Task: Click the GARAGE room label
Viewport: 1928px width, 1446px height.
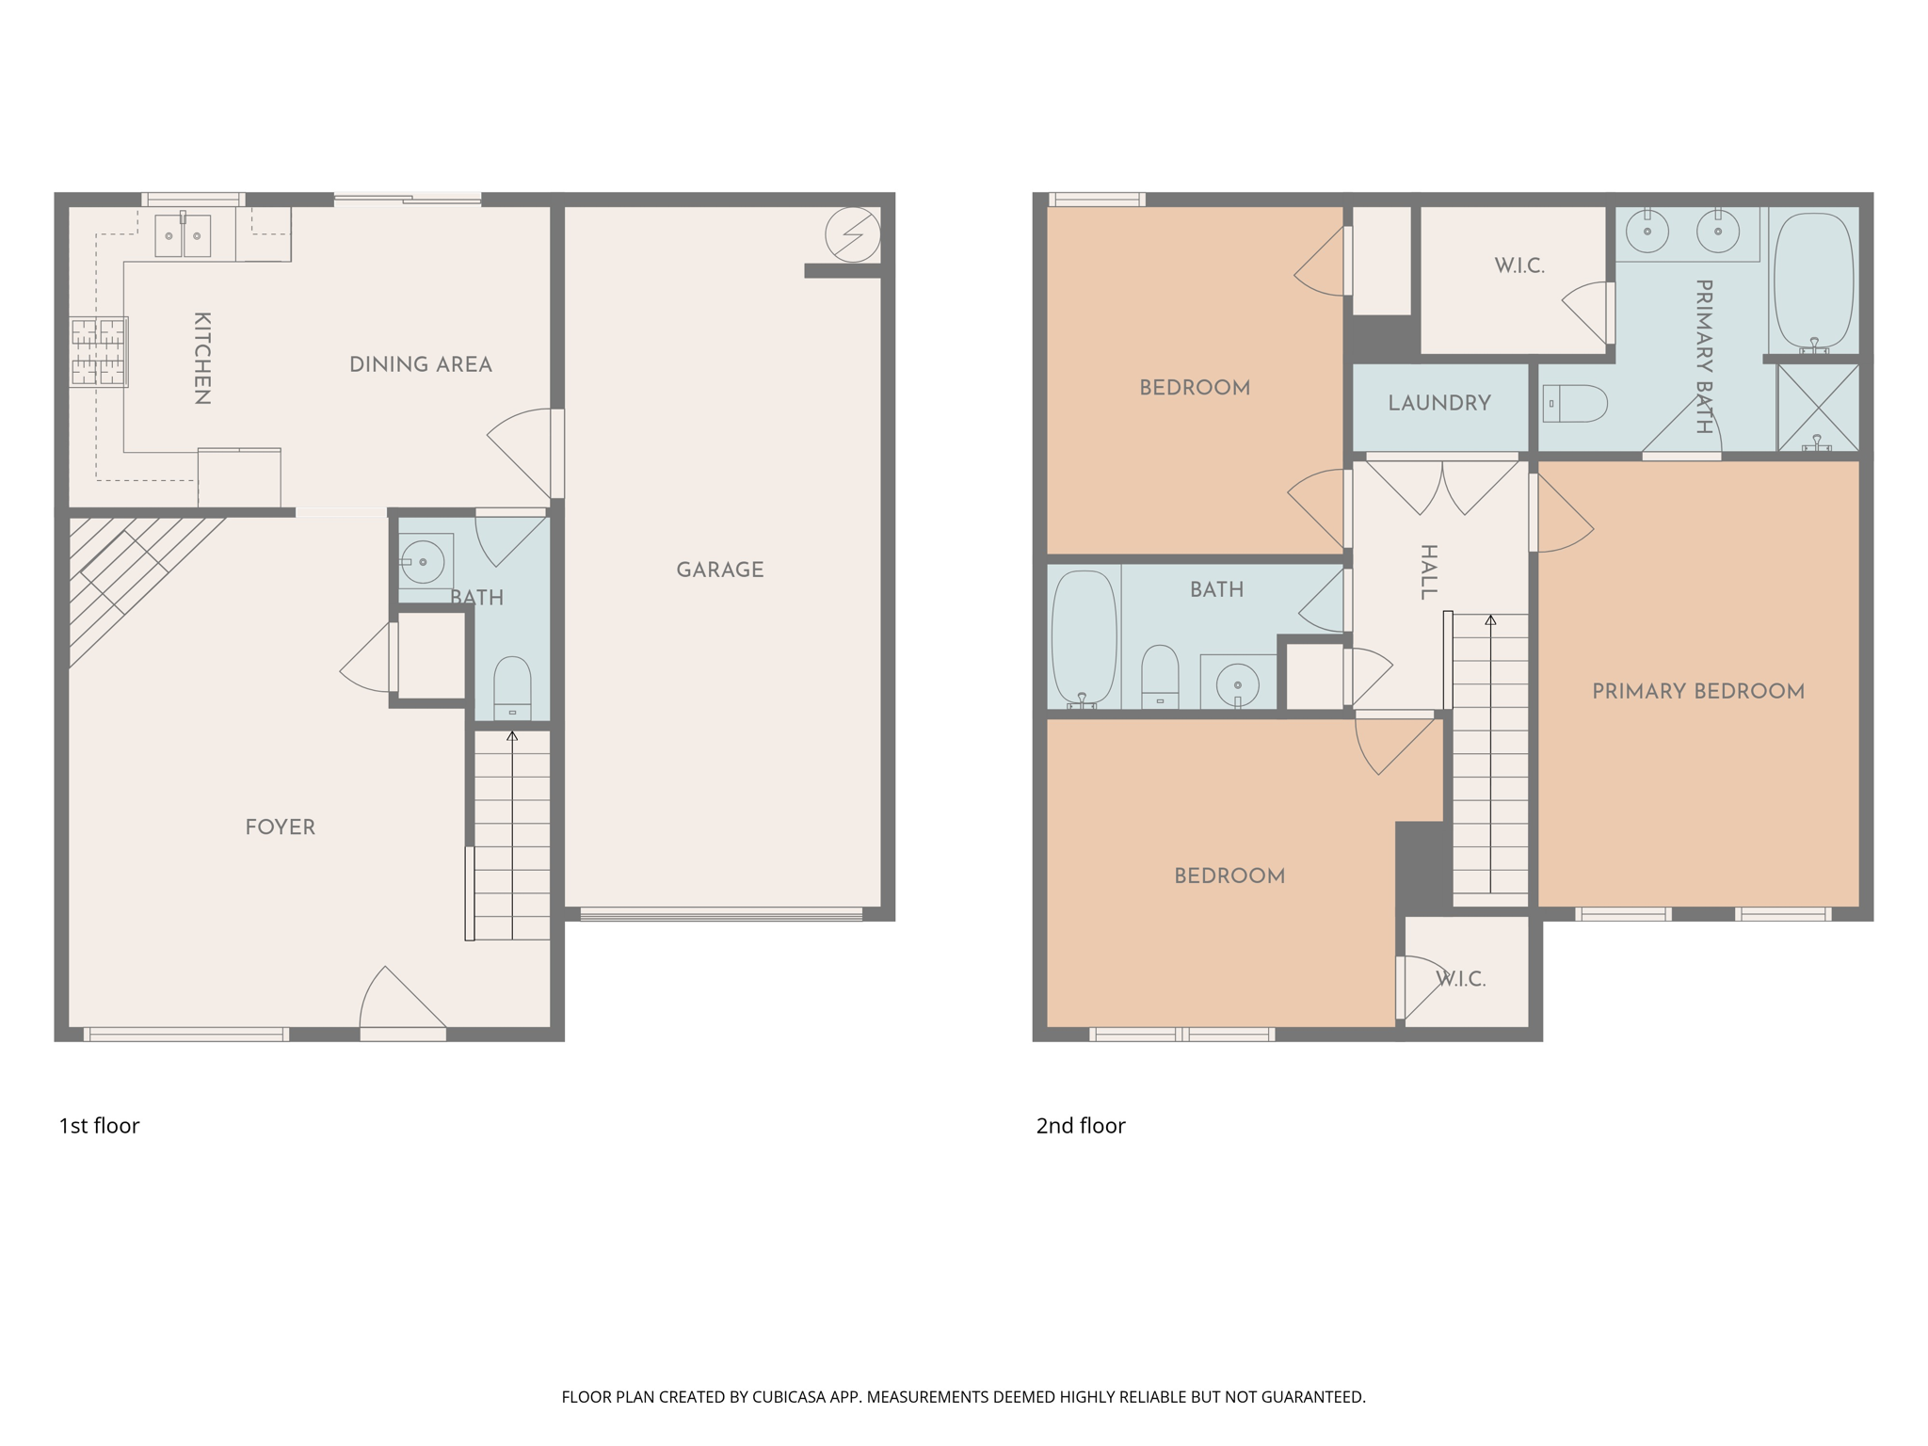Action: [x=719, y=570]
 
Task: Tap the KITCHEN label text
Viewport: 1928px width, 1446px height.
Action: [x=201, y=359]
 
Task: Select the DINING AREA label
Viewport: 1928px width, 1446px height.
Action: [x=420, y=364]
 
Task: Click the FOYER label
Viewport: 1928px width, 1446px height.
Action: [x=280, y=827]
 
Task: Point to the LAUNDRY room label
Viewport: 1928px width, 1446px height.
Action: [x=1438, y=403]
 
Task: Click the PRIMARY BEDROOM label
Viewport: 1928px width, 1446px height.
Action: [x=1697, y=691]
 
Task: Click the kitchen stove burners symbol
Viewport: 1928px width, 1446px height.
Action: [x=99, y=352]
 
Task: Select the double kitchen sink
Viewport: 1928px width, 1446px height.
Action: [x=183, y=235]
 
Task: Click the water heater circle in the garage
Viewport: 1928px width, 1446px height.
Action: [x=853, y=234]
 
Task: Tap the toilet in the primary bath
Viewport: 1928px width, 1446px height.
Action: [x=1575, y=403]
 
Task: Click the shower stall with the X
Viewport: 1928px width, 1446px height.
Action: [x=1817, y=408]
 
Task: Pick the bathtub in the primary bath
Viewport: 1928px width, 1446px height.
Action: [x=1813, y=280]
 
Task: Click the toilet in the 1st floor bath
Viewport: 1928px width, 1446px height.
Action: [x=512, y=687]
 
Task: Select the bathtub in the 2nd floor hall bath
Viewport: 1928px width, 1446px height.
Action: [x=1084, y=636]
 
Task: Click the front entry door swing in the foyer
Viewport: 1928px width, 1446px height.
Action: [x=400, y=1002]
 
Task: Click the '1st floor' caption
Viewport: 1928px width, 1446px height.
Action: [x=99, y=1126]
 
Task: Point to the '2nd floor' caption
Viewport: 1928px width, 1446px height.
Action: [x=1081, y=1126]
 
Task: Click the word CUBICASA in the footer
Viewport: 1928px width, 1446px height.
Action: [x=788, y=1397]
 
